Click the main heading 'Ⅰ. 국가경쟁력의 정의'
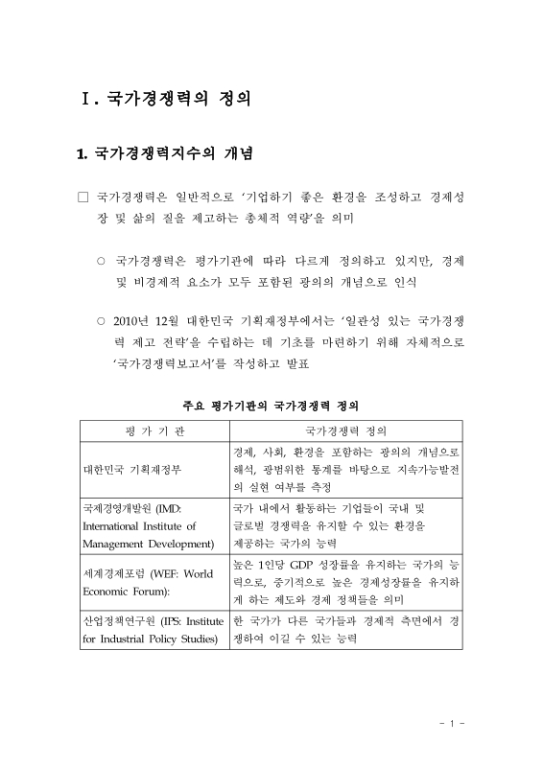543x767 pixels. click(169, 98)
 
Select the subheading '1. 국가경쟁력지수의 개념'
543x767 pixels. click(164, 153)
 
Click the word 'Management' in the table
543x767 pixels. click(113, 543)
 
